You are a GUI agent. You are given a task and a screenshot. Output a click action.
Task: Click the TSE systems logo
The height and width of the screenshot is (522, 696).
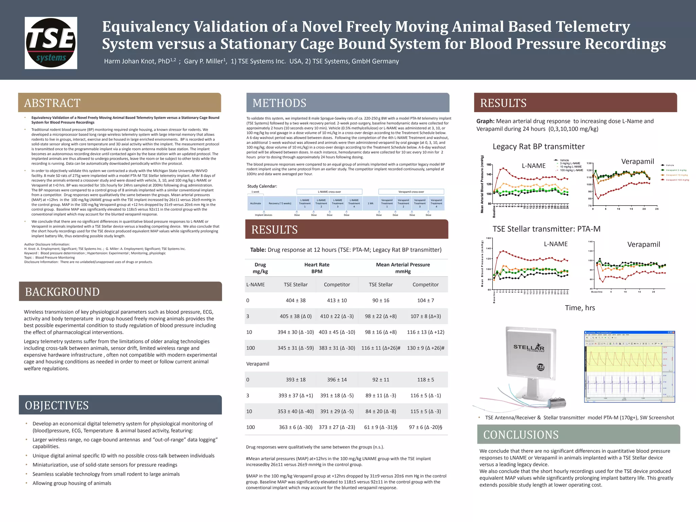pyautogui.click(x=51, y=43)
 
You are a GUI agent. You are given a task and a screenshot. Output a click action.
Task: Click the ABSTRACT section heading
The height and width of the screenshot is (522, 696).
pyautogui.click(x=52, y=103)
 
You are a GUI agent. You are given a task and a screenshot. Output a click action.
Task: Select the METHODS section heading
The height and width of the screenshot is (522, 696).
pyautogui.click(x=279, y=103)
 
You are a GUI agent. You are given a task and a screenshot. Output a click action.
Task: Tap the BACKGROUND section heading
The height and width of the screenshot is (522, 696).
pyautogui.click(x=62, y=292)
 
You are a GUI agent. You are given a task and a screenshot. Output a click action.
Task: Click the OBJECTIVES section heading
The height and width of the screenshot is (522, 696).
pyautogui.click(x=57, y=405)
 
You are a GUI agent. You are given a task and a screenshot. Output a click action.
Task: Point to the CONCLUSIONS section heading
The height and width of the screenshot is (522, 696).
pyautogui.click(x=521, y=435)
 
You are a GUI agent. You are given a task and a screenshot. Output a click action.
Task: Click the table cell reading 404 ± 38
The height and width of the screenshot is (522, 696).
pyautogui.click(x=295, y=300)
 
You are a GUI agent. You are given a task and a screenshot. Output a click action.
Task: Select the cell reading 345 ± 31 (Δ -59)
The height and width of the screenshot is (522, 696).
pyautogui.click(x=295, y=348)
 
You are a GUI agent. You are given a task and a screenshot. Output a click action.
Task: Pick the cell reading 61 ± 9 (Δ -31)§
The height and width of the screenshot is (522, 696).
pyautogui.click(x=381, y=427)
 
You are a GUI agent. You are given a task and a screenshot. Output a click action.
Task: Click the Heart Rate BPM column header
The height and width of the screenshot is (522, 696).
pyautogui.click(x=317, y=268)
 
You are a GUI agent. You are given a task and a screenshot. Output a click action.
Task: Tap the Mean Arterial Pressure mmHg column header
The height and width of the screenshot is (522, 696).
pyautogui.click(x=403, y=268)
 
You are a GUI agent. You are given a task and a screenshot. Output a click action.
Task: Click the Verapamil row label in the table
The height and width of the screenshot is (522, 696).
pyautogui.click(x=258, y=364)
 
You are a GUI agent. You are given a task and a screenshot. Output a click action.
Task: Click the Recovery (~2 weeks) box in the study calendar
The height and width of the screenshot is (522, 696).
pyautogui.click(x=280, y=203)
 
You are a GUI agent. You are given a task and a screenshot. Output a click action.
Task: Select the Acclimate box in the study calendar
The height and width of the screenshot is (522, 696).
pyautogui.click(x=256, y=203)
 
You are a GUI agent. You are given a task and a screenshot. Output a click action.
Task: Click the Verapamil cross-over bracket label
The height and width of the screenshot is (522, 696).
pyautogui.click(x=411, y=192)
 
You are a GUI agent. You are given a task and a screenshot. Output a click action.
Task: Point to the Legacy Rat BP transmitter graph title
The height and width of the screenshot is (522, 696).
pyautogui.click(x=539, y=146)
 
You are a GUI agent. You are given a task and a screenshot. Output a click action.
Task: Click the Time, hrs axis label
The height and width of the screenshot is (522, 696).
pyautogui.click(x=580, y=308)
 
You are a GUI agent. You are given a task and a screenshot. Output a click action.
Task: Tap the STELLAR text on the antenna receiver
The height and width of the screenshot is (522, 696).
pyautogui.click(x=529, y=347)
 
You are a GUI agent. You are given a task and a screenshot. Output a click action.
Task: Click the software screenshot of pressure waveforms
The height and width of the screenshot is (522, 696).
pyautogui.click(x=629, y=366)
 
